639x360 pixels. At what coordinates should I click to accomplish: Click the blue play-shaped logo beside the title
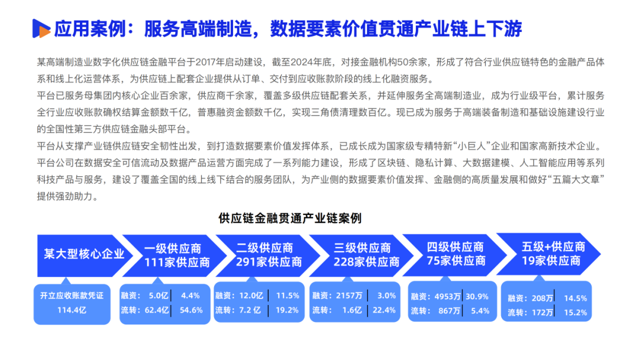point(40,27)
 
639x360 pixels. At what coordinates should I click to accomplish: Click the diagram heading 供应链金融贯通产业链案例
point(290,218)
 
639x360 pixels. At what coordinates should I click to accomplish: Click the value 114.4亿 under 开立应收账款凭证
point(72,309)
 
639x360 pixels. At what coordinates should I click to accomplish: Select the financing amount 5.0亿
point(159,295)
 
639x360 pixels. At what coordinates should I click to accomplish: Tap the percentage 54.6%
point(191,310)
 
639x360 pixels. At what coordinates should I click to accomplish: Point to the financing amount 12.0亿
point(251,295)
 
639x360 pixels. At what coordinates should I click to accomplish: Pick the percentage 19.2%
point(288,310)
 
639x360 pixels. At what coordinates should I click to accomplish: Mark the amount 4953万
point(447,297)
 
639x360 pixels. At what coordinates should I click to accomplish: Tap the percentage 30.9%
point(477,297)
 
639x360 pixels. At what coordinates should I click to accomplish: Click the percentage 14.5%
point(575,298)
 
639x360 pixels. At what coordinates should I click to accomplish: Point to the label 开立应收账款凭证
point(72,295)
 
